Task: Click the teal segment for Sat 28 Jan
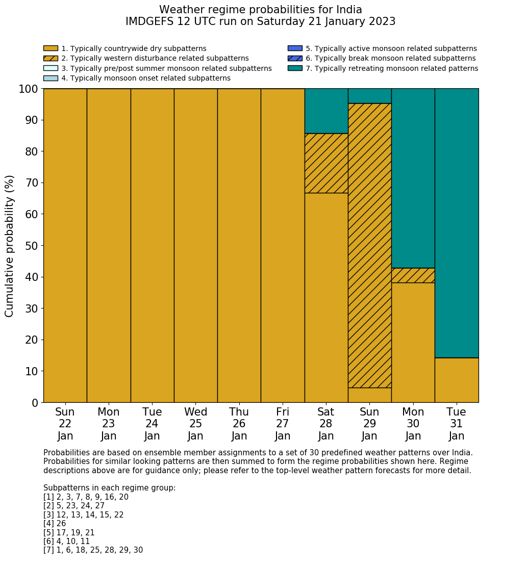326,111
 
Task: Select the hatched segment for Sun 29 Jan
369,245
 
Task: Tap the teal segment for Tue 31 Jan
457,223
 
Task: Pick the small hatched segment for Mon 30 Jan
413,275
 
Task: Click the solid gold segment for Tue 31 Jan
457,380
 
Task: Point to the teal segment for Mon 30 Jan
413,178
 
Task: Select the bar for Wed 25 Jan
195,245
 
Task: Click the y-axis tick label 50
31,246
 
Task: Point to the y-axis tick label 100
28,89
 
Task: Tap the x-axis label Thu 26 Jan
239,424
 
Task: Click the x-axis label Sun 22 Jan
65,424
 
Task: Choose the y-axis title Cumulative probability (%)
10,246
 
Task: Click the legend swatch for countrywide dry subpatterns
51,48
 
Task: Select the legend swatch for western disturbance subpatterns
51,58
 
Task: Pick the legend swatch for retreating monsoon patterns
295,68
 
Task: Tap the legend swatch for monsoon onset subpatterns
51,78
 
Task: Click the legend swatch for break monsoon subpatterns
295,58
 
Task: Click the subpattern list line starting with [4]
55,524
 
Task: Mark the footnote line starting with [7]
93,550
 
